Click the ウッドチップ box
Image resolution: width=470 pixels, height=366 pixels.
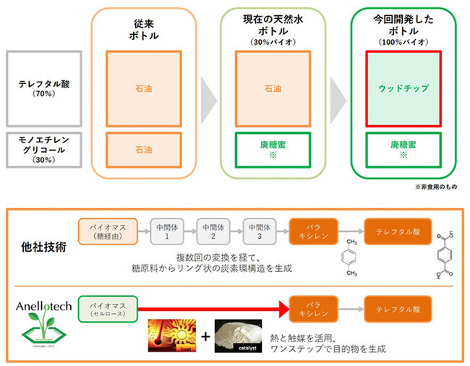pyautogui.click(x=403, y=88)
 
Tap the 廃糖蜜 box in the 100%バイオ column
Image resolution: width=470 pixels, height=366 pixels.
pyautogui.click(x=403, y=150)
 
